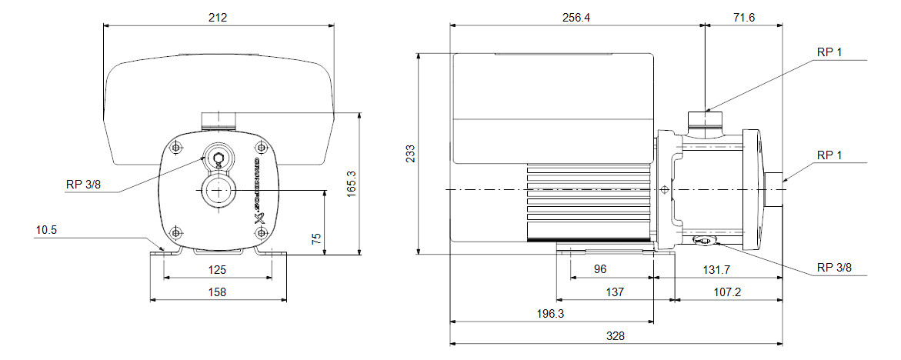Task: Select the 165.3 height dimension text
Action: tap(352, 185)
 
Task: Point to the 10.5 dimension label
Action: tap(46, 229)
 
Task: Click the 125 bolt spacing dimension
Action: tap(218, 270)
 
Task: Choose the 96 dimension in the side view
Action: tap(600, 269)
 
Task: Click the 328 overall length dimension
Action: tap(616, 336)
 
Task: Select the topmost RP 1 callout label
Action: tap(829, 52)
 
